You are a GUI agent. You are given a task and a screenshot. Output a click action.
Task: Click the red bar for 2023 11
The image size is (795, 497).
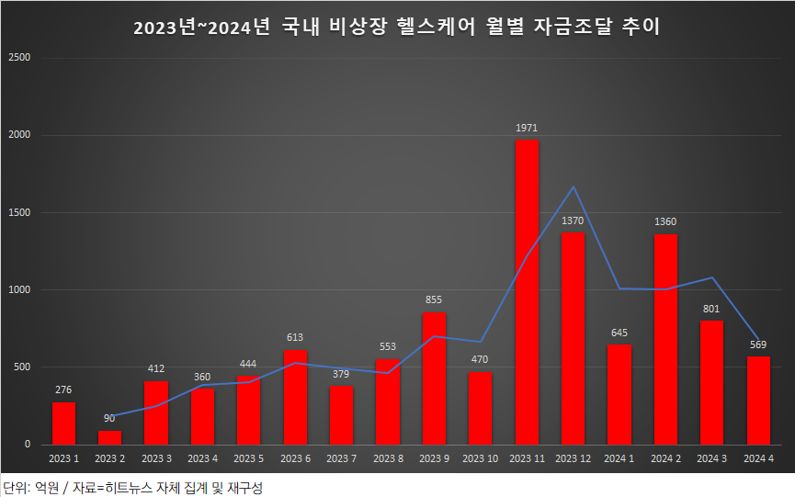pyautogui.click(x=527, y=292)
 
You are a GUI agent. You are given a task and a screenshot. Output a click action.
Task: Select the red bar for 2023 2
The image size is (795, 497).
pyautogui.click(x=109, y=437)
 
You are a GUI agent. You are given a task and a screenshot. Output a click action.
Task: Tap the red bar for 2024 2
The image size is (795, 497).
pyautogui.click(x=665, y=340)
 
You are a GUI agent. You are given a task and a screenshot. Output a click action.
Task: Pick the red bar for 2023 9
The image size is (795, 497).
pyautogui.click(x=434, y=378)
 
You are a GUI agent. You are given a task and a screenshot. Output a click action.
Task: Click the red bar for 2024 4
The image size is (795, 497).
pyautogui.click(x=758, y=401)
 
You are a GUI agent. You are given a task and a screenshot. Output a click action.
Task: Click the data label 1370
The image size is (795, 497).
pyautogui.click(x=573, y=221)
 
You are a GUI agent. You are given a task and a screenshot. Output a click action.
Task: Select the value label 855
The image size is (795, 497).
pyautogui.click(x=434, y=300)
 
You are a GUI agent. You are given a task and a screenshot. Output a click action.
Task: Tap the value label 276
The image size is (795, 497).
pyautogui.click(x=63, y=390)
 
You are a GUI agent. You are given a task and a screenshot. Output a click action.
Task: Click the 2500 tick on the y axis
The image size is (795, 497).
pyautogui.click(x=19, y=58)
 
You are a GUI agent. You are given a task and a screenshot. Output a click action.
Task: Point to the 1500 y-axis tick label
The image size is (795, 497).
pyautogui.click(x=19, y=213)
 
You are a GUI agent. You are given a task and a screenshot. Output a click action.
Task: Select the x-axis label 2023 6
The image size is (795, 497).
pyautogui.click(x=295, y=457)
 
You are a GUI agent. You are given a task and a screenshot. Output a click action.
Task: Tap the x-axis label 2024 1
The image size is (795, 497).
pyautogui.click(x=619, y=457)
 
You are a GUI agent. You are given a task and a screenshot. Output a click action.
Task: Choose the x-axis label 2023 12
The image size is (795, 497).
pyautogui.click(x=573, y=457)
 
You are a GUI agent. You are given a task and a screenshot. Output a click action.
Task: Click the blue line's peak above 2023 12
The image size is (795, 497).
pyautogui.click(x=574, y=187)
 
